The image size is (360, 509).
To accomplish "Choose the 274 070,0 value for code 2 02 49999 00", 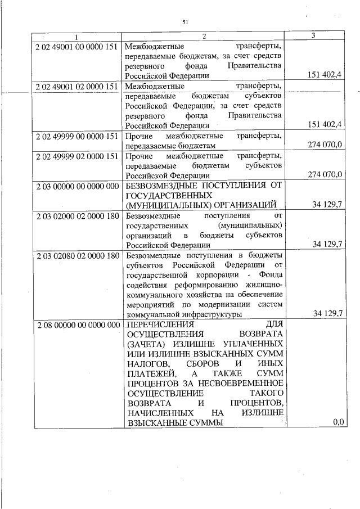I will pyautogui.click(x=325, y=145).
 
